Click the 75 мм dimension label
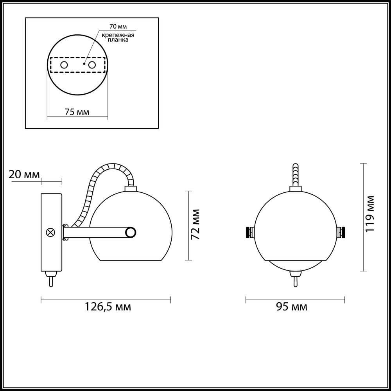(x=77, y=112)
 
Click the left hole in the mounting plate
(x=64, y=65)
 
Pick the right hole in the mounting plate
(x=92, y=65)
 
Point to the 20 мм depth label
(x=24, y=174)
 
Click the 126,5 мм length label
(x=108, y=307)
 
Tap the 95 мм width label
(x=292, y=307)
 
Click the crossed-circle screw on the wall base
(x=50, y=232)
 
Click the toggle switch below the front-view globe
(x=295, y=280)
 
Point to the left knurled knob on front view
(x=249, y=232)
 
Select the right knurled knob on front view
(x=342, y=232)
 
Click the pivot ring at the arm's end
(x=131, y=233)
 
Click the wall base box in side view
(x=51, y=232)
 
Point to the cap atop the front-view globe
(x=295, y=189)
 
